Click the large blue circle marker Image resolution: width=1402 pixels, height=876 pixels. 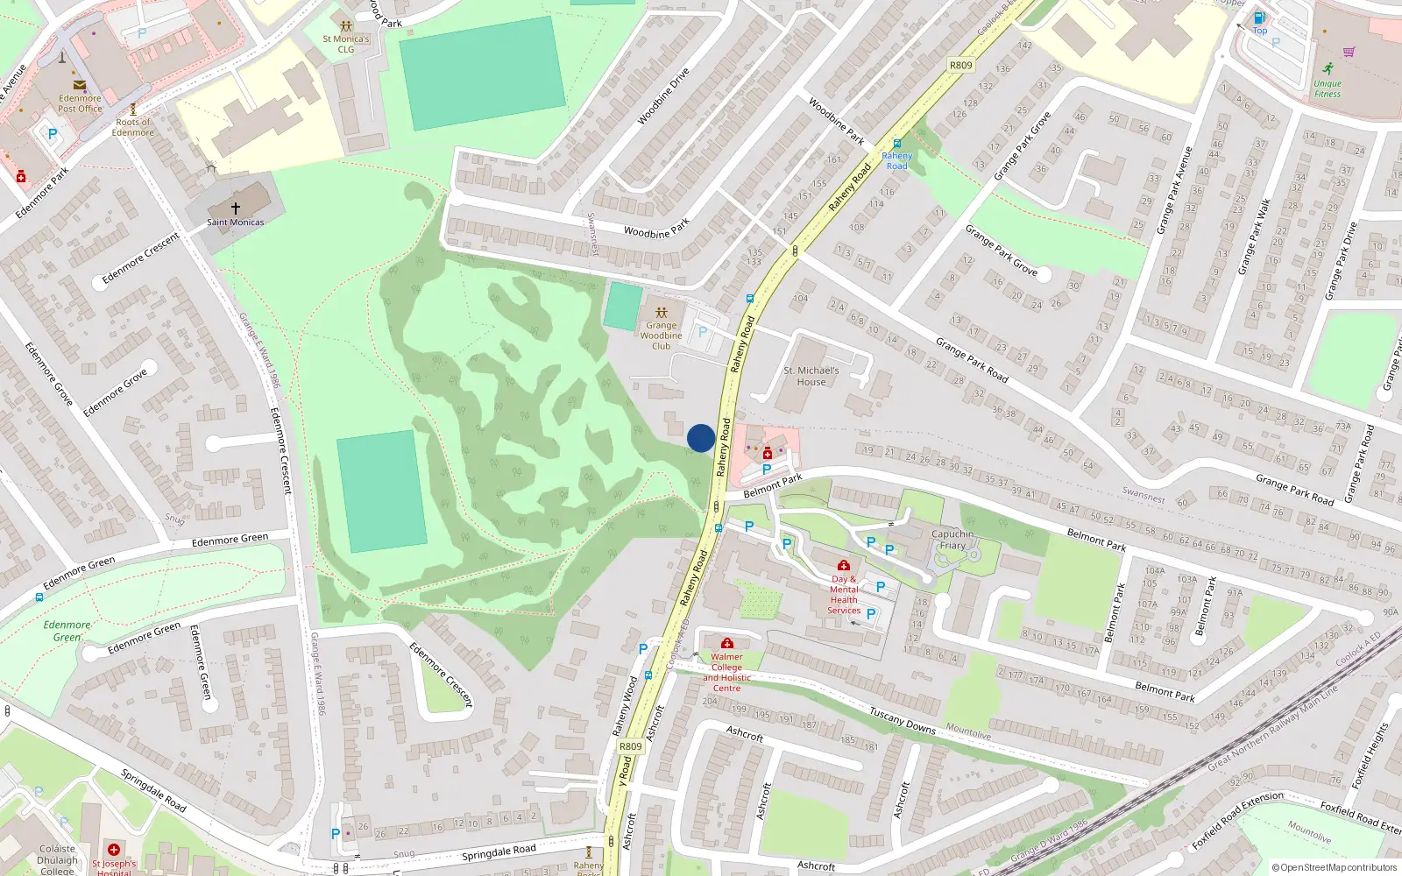coord(700,438)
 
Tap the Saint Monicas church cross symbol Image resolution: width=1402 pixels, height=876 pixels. coord(235,208)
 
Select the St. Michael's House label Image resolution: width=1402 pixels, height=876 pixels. coord(811,376)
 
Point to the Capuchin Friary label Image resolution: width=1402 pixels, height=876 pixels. coord(952,540)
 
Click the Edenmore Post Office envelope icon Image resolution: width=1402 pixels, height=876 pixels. coord(80,85)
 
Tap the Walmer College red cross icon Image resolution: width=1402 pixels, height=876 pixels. coord(726,643)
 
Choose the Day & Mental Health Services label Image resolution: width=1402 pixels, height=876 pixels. coord(844,594)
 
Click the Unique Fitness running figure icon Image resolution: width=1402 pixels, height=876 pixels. coord(1328,68)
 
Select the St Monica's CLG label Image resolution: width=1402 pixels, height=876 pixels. coord(346,44)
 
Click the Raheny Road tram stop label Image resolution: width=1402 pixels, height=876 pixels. coord(896,160)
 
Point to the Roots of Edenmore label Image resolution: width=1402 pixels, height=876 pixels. coord(133,127)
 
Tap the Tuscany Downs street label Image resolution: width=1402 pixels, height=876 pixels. coord(902,721)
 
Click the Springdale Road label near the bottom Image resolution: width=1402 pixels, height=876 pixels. coord(499,851)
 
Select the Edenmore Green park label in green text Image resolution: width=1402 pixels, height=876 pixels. coord(67,631)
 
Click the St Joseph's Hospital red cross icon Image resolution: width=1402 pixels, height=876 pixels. coord(113,849)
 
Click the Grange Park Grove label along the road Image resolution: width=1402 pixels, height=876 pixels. coord(1001,250)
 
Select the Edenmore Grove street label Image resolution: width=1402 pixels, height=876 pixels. coord(116,393)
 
